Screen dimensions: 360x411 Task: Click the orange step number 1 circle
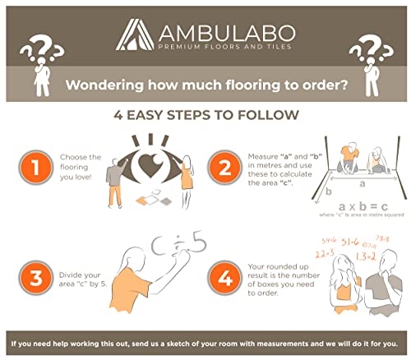[x=34, y=169]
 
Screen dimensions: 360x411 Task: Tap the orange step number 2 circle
[x=221, y=169]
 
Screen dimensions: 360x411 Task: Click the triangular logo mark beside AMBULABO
[x=133, y=35]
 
